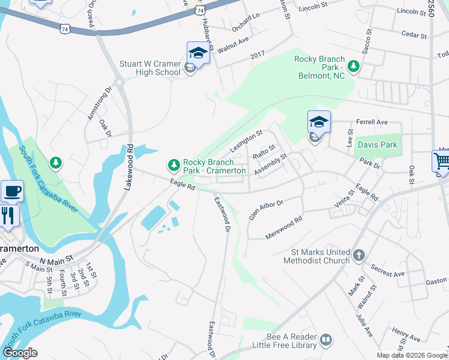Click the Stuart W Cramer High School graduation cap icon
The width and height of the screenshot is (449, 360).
(198, 53)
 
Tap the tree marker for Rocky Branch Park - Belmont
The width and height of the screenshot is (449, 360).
(354, 65)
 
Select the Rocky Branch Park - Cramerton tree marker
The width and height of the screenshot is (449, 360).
(174, 164)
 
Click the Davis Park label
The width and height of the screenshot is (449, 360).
(377, 145)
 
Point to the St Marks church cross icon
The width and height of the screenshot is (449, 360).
(358, 256)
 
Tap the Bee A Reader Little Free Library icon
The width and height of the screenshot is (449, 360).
(326, 340)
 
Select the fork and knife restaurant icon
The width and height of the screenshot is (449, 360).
(8, 215)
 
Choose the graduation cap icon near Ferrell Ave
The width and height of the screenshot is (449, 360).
(319, 122)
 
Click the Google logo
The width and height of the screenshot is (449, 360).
(20, 353)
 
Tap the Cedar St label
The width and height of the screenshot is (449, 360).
(414, 35)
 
